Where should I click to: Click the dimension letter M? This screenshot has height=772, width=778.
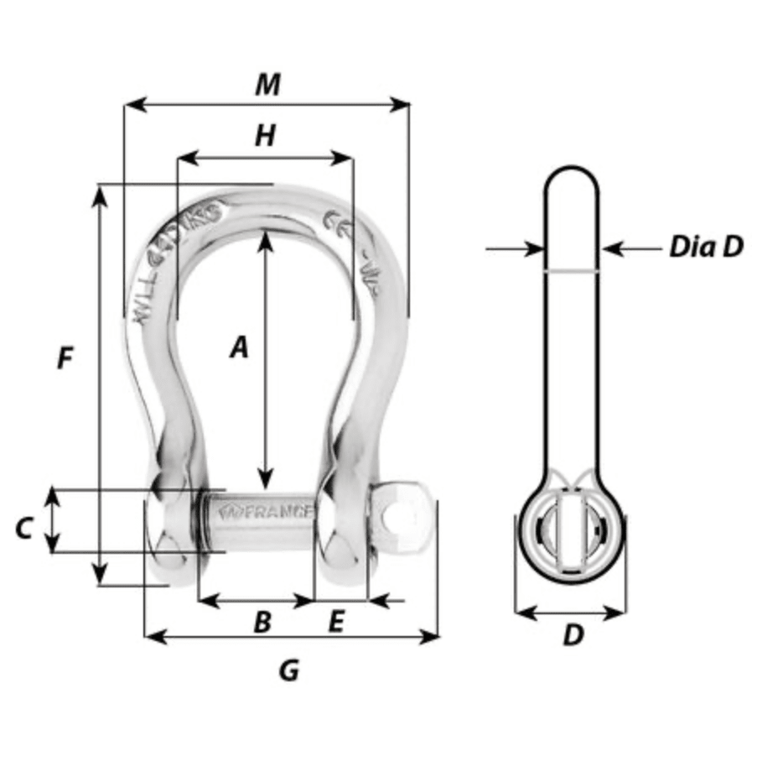click(x=267, y=84)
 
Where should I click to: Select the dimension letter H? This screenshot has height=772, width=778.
click(x=265, y=135)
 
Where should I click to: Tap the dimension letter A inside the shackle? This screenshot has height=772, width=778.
click(x=240, y=347)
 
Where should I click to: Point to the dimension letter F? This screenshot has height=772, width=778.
click(x=65, y=359)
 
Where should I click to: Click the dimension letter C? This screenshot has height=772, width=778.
click(x=24, y=529)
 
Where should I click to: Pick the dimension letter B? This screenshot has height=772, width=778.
click(x=262, y=622)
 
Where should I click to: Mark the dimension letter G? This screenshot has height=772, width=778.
click(x=288, y=670)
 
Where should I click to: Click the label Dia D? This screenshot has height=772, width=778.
click(x=706, y=248)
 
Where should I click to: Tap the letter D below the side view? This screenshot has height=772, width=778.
click(x=572, y=635)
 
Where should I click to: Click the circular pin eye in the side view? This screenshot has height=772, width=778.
click(x=569, y=533)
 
